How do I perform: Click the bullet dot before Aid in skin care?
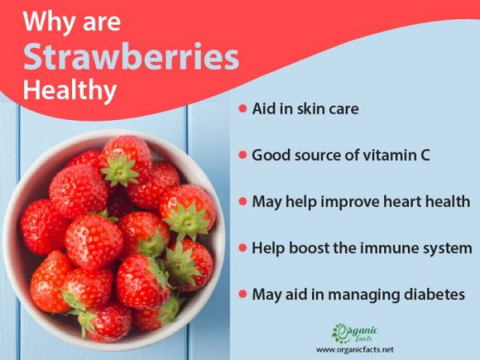pyautogui.click(x=242, y=109)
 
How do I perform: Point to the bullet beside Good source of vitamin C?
pyautogui.click(x=242, y=155)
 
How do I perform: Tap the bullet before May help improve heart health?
pyautogui.click(x=242, y=202)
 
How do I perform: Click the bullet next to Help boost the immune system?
pyautogui.click(x=242, y=248)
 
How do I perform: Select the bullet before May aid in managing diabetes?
pyautogui.click(x=242, y=294)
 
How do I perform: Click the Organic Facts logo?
pyautogui.click(x=354, y=332)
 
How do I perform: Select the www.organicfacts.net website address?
pyautogui.click(x=354, y=350)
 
